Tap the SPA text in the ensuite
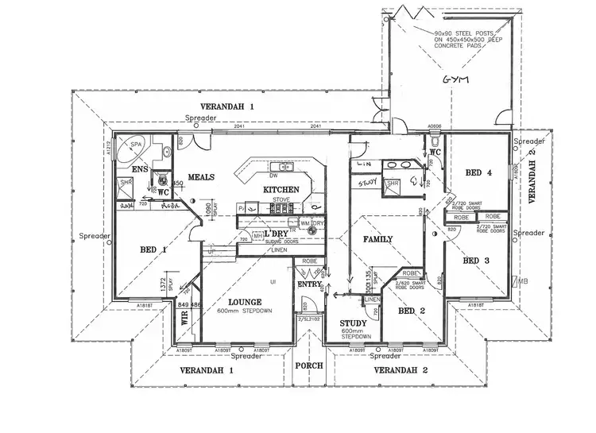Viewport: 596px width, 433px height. click(x=136, y=144)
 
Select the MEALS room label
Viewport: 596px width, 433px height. click(x=201, y=176)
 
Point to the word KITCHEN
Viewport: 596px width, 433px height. click(x=281, y=190)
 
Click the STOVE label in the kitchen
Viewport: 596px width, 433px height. click(x=282, y=199)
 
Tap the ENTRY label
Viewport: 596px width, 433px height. click(x=308, y=284)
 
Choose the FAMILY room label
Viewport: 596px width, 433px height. click(x=379, y=239)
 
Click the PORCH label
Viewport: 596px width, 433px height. click(x=308, y=366)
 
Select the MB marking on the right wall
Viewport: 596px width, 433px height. click(x=522, y=281)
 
